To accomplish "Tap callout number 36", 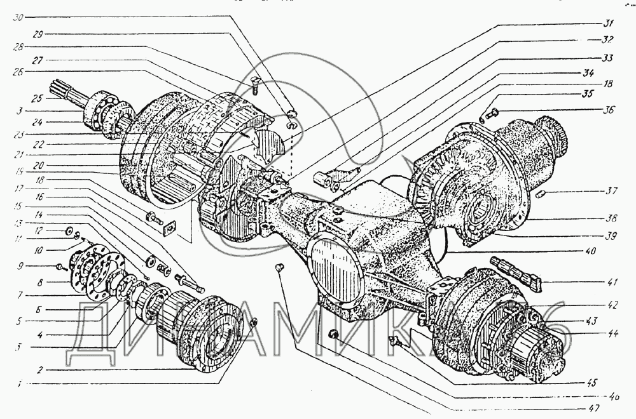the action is pos(609,109).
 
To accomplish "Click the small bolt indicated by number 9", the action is pos(59,267).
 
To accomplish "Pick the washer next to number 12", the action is pos(69,229).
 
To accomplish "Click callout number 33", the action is pos(609,58).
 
